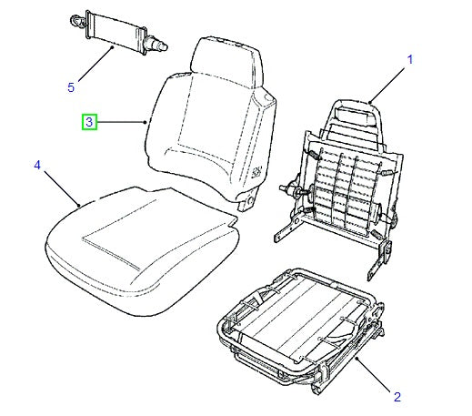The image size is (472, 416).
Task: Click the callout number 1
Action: pos(409,60)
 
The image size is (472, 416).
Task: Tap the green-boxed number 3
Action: pos(90,122)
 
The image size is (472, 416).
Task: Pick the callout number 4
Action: pos(37,165)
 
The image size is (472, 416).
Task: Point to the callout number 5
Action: pos(70,88)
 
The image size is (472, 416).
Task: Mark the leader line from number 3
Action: pos(123,122)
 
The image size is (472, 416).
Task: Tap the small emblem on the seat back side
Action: pos(258,168)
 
